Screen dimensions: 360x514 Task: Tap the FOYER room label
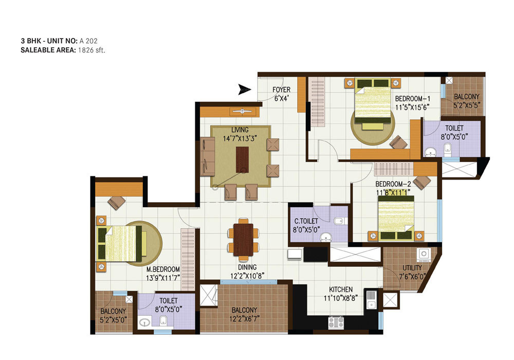(x=281, y=90)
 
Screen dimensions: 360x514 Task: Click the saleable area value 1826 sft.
(x=91, y=50)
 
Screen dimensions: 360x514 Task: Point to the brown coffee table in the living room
(x=242, y=159)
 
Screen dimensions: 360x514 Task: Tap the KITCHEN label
(x=341, y=289)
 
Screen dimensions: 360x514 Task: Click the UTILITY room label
(x=412, y=268)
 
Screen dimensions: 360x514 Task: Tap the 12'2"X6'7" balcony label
(x=244, y=319)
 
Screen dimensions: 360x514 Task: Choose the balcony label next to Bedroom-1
(x=466, y=96)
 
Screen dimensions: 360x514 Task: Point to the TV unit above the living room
(x=230, y=112)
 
